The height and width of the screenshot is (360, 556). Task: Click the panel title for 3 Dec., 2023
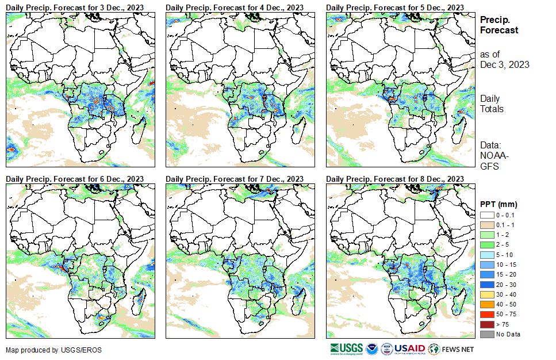click(x=75, y=7)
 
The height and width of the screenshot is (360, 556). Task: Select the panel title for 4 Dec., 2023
click(x=235, y=7)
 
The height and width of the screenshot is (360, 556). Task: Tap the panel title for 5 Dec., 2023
click(x=395, y=7)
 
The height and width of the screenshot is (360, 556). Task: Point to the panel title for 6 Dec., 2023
click(x=75, y=179)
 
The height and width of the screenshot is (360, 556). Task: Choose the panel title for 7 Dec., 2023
click(x=235, y=179)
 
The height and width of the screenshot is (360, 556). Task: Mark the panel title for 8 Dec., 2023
click(x=395, y=179)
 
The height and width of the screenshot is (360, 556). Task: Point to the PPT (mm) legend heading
click(x=499, y=204)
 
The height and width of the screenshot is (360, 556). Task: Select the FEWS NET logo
click(x=451, y=349)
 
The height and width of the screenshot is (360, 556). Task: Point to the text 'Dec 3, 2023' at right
click(x=504, y=64)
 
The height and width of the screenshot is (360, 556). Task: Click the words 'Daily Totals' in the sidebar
click(x=492, y=104)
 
